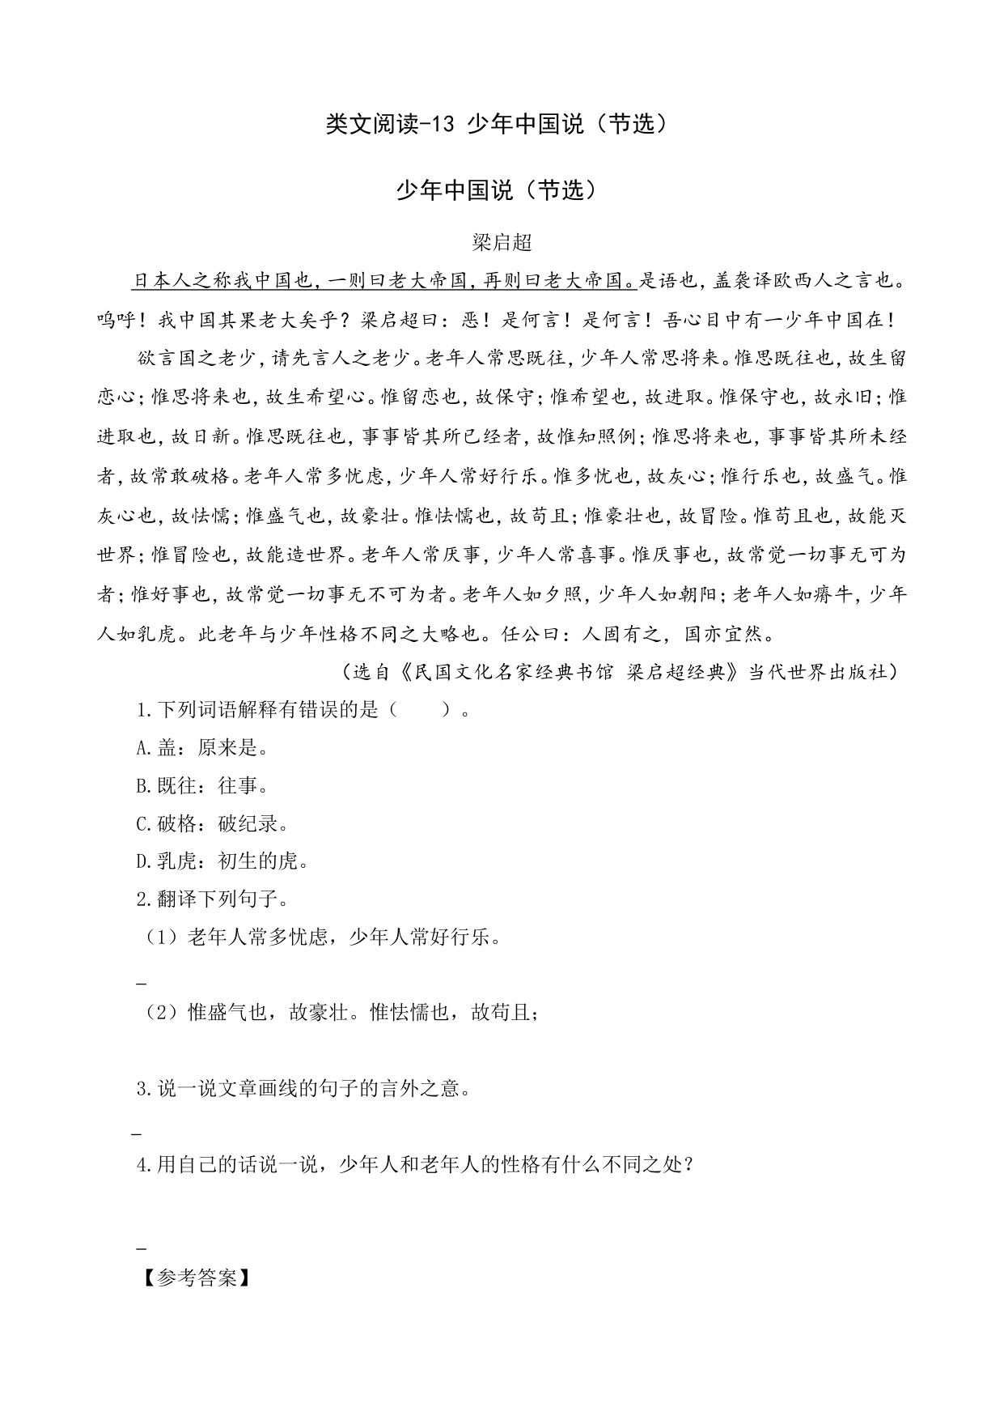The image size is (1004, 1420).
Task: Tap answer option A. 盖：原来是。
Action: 202,748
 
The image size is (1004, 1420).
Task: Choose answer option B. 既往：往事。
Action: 202,786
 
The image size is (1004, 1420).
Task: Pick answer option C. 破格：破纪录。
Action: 213,824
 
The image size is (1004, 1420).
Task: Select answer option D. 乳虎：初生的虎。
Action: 222,861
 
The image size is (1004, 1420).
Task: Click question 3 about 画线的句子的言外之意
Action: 303,1088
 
